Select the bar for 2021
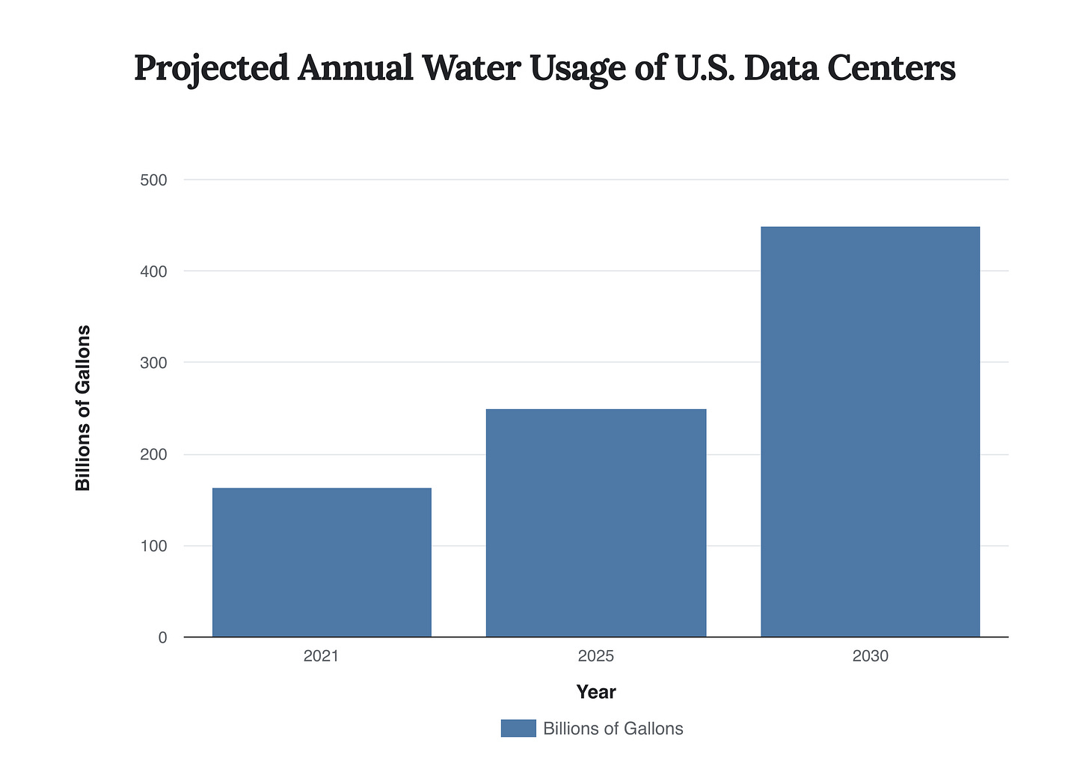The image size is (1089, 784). [x=322, y=563]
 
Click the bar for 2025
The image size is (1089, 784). [x=596, y=523]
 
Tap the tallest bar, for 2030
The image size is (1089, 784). [x=870, y=432]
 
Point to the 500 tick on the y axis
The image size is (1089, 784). [x=153, y=180]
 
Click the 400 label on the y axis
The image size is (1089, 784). [x=153, y=272]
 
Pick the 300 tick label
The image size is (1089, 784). [x=153, y=363]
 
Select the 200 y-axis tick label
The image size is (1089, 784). [x=153, y=455]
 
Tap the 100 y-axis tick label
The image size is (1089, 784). [x=153, y=546]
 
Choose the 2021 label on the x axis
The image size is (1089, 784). [x=322, y=657]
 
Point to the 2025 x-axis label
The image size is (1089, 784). [x=596, y=657]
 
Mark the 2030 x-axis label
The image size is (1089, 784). [x=870, y=657]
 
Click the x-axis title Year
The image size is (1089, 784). [x=596, y=692]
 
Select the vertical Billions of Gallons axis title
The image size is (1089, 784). [x=83, y=408]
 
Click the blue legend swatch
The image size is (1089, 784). [x=518, y=729]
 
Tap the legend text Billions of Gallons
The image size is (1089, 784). [x=613, y=729]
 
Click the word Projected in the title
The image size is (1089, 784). [x=211, y=69]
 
